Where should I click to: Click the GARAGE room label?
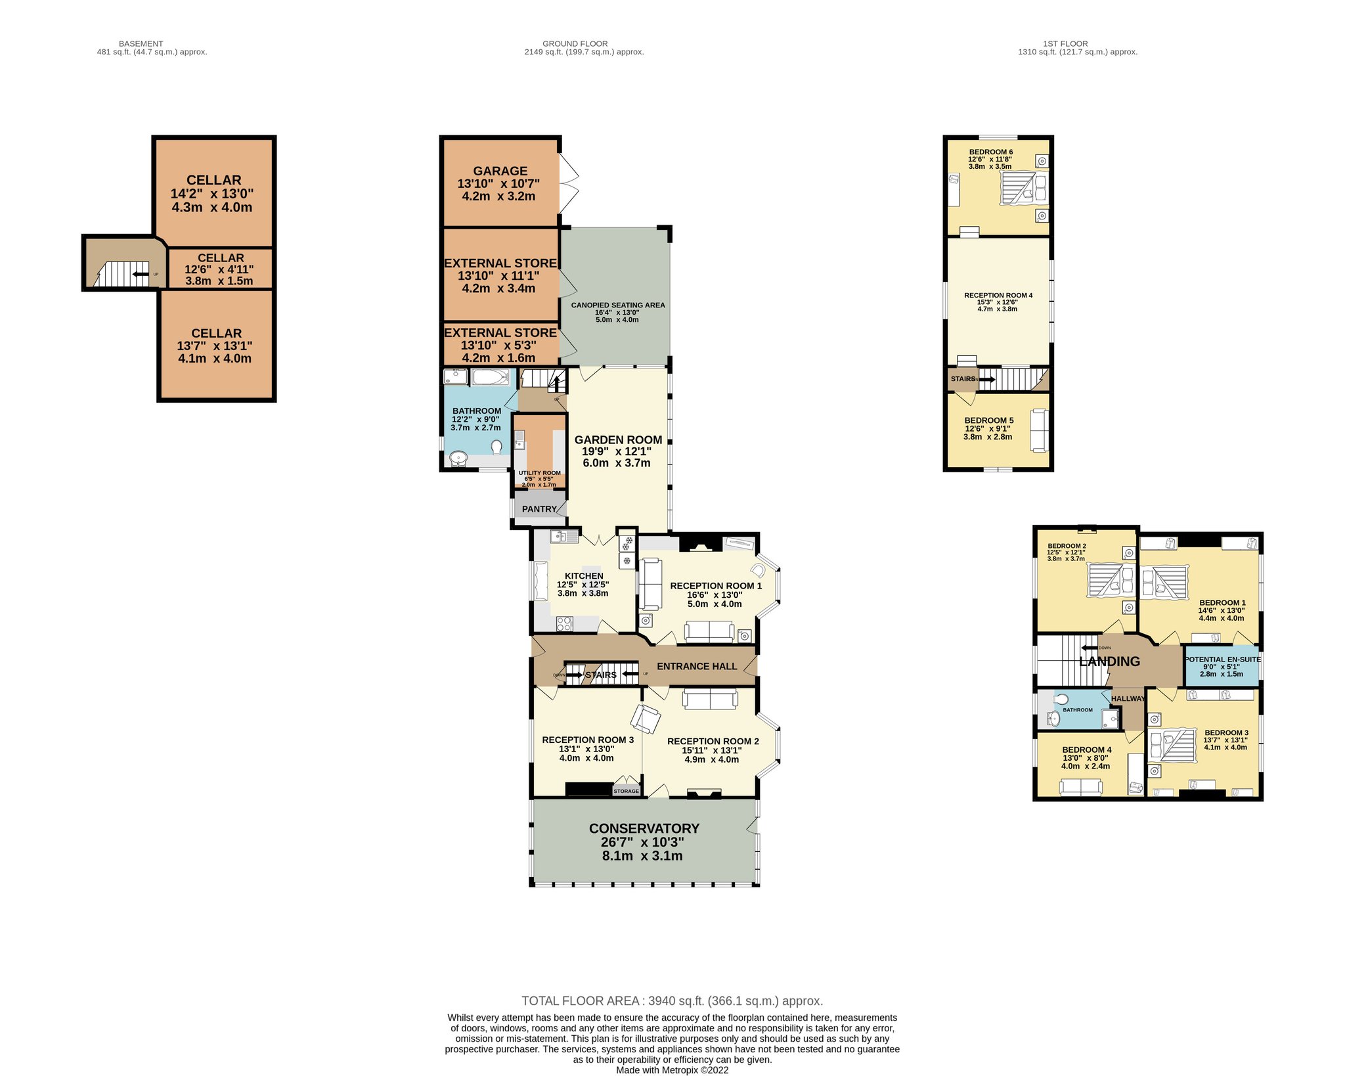(500, 171)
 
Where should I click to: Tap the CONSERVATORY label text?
(644, 828)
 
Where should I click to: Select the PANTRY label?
(539, 509)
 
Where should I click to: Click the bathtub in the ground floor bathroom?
(489, 377)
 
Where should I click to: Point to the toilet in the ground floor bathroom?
(496, 447)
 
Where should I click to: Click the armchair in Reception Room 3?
(646, 719)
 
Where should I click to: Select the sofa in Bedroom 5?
(1038, 430)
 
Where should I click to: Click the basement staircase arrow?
(140, 274)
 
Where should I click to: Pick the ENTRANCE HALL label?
(697, 666)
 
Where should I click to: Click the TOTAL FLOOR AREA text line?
(672, 1001)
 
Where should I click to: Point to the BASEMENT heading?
(141, 44)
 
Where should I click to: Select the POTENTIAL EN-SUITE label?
(1222, 660)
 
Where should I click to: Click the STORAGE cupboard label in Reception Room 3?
(626, 791)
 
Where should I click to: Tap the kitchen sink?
(564, 537)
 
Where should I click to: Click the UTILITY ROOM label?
(540, 473)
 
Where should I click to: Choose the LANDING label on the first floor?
(1109, 661)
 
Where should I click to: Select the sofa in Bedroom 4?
(1080, 787)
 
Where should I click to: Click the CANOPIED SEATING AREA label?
(618, 305)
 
